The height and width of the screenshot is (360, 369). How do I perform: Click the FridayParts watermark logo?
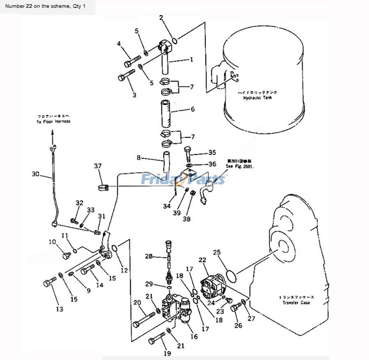[184, 179]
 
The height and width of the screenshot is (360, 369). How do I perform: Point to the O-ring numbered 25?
[231, 276]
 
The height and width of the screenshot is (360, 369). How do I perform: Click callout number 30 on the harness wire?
[36, 174]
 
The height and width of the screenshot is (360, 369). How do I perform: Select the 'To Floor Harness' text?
[53, 122]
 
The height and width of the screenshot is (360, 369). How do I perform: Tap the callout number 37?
[97, 166]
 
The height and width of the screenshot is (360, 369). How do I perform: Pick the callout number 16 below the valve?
[194, 337]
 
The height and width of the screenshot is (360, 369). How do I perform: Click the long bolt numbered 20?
[143, 319]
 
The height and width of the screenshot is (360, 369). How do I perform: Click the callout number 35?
[212, 153]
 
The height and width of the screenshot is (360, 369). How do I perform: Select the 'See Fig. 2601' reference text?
[240, 167]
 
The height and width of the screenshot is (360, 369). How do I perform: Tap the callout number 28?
[148, 257]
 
